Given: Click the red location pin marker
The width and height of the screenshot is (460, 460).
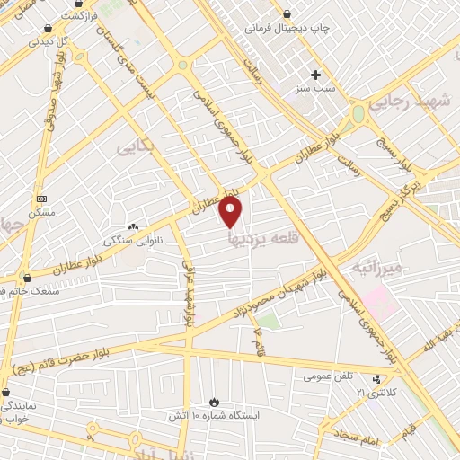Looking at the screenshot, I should [231, 212].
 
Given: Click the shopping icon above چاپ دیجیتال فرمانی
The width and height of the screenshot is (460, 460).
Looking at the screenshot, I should [287, 13].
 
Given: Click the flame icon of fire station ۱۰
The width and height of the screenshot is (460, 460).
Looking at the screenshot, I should [213, 402].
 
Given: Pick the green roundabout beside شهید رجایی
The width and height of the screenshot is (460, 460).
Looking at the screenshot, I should [359, 114].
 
